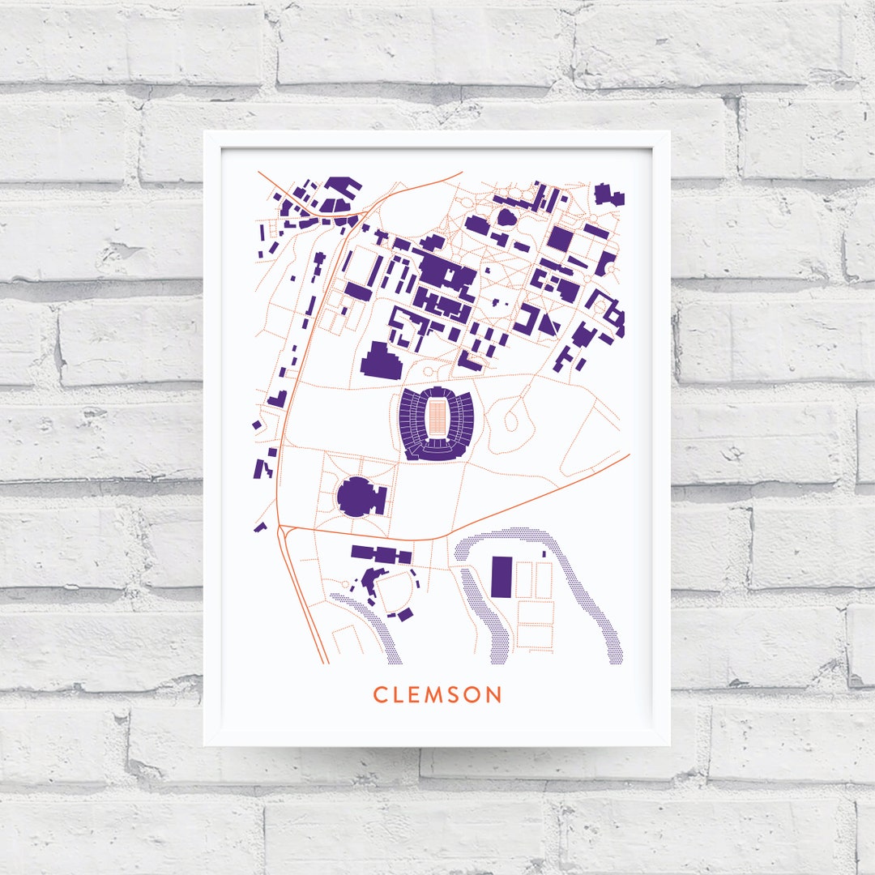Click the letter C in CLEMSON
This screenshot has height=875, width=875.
click(379, 695)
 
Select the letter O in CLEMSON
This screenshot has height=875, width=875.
click(474, 695)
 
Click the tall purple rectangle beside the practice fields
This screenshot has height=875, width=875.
click(502, 576)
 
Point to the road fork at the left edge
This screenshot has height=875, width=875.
click(280, 527)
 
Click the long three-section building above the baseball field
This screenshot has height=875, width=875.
click(381, 555)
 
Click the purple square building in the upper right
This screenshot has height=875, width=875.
click(559, 238)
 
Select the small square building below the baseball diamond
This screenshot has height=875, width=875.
click(405, 613)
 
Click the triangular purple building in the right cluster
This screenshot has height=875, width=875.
click(548, 323)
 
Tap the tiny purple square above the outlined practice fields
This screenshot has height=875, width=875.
click(544, 554)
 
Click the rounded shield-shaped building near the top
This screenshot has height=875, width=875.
click(506, 217)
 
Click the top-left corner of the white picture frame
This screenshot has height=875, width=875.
click(205, 132)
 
